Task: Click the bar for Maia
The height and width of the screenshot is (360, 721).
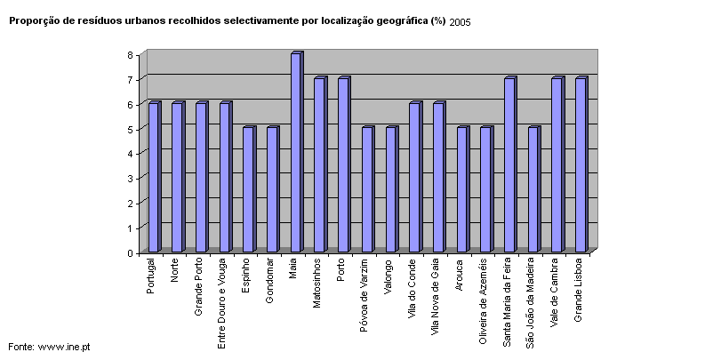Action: (x=296, y=153)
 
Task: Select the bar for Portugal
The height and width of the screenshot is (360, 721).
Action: (x=154, y=178)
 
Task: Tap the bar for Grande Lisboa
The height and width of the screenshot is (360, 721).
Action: (x=581, y=165)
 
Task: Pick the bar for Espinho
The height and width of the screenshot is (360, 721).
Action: (x=249, y=190)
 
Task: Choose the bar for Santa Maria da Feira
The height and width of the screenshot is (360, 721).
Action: (x=509, y=165)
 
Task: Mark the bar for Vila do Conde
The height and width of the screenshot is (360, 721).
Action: (x=414, y=178)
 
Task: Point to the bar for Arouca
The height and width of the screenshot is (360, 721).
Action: (x=461, y=190)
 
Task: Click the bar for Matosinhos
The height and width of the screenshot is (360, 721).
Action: (x=319, y=165)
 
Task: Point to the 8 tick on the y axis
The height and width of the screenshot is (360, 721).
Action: (x=130, y=55)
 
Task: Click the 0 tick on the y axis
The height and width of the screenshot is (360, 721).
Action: (x=130, y=253)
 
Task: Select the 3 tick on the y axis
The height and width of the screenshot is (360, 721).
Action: (x=130, y=179)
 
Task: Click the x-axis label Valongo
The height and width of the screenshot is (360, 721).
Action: (x=389, y=276)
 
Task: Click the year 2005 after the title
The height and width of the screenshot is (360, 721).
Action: (x=461, y=22)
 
